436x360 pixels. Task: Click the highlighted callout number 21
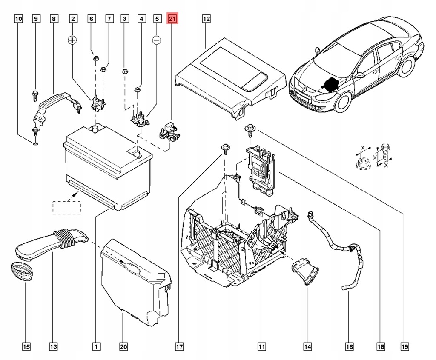(x=172, y=19)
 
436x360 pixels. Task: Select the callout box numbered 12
(x=206, y=19)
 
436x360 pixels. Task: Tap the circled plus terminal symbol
(x=73, y=40)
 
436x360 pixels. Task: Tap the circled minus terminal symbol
(x=157, y=40)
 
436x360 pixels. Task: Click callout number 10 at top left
(x=18, y=19)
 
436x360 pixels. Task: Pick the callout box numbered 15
(x=26, y=347)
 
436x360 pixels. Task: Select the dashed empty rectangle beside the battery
(x=66, y=207)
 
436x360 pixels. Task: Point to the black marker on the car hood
(x=330, y=84)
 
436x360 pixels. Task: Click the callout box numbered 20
(x=123, y=347)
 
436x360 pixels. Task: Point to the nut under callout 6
(x=95, y=58)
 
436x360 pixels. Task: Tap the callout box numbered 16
(x=349, y=347)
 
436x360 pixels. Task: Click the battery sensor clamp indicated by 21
(x=168, y=131)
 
